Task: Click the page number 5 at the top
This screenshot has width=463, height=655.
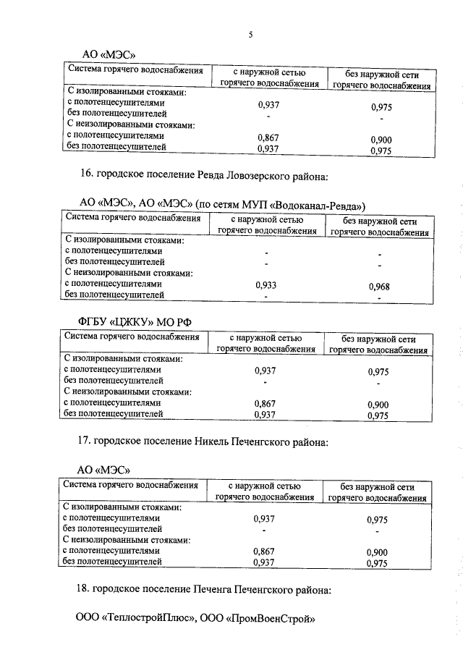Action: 250,35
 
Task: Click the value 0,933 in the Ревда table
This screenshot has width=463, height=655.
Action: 266,285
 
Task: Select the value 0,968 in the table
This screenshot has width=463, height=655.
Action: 378,287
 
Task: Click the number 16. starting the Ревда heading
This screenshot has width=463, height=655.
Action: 86,175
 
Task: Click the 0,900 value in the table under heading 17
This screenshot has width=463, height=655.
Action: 377,552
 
